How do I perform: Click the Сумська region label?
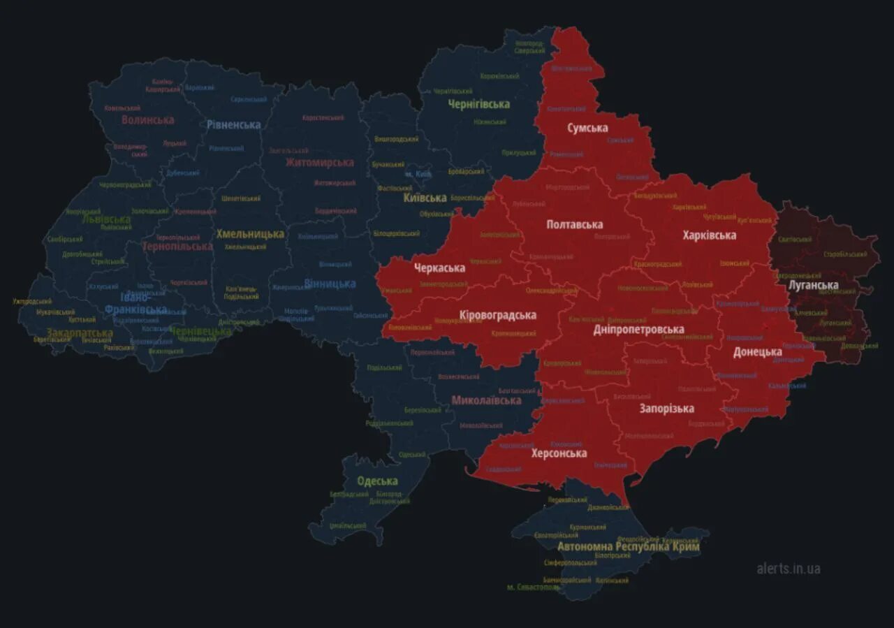[x=587, y=128]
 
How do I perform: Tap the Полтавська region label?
[x=574, y=224]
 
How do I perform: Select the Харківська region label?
[x=709, y=235]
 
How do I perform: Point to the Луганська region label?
[x=813, y=285]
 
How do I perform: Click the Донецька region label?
[x=757, y=351]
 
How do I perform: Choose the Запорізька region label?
[x=666, y=408]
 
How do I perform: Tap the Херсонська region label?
[x=559, y=453]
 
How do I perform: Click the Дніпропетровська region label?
[x=638, y=329]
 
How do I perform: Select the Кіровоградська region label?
[x=497, y=315]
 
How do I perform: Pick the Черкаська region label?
[x=439, y=268]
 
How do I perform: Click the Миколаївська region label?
[x=486, y=400]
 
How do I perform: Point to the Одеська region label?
[x=377, y=481]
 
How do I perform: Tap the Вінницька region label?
[x=330, y=284]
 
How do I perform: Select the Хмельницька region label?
[x=250, y=233]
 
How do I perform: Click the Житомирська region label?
[x=319, y=162]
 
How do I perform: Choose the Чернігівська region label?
[x=478, y=103]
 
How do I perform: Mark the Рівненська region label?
[x=233, y=124]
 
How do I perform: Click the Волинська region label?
[x=147, y=119]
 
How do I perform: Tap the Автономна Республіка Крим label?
[x=628, y=546]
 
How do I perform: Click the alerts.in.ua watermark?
[x=789, y=568]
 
